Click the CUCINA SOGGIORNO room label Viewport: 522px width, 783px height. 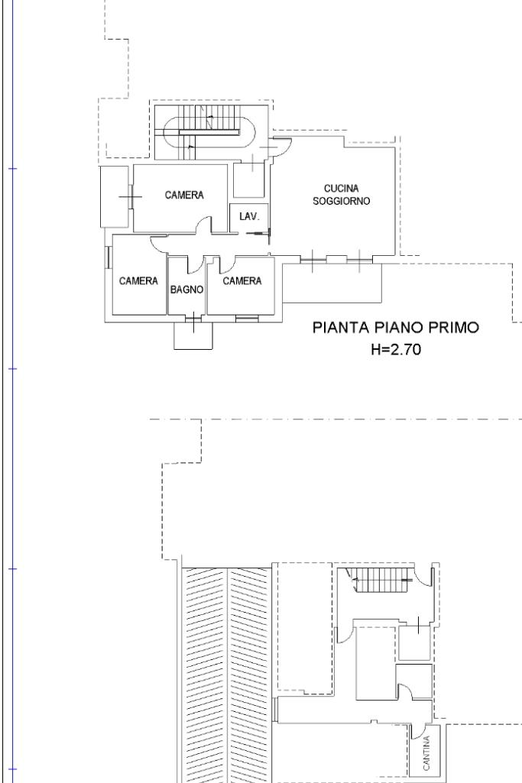(x=342, y=195)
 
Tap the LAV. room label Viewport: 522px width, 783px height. (x=249, y=216)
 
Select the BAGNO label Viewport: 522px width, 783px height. (x=186, y=290)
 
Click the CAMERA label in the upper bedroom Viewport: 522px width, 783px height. (x=184, y=195)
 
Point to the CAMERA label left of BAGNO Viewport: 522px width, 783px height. (x=138, y=281)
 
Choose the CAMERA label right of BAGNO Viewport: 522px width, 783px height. (x=242, y=281)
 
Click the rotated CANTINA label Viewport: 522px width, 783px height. (x=426, y=753)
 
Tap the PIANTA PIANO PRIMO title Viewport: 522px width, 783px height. (x=396, y=328)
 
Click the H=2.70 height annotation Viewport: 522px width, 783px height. (x=396, y=349)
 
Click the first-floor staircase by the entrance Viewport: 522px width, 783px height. (x=205, y=132)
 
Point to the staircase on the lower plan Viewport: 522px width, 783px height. (x=383, y=581)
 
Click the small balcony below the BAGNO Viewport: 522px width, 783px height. (x=193, y=335)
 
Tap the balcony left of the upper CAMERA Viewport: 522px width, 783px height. (x=114, y=197)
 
